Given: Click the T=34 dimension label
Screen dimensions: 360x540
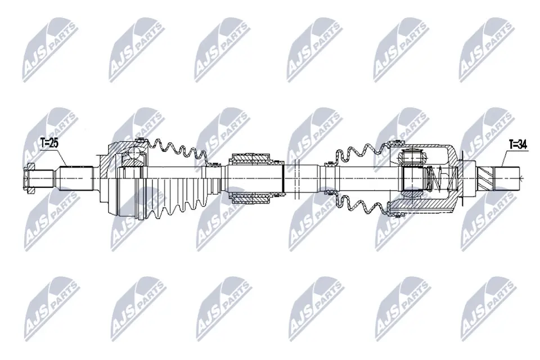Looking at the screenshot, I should [517, 145].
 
